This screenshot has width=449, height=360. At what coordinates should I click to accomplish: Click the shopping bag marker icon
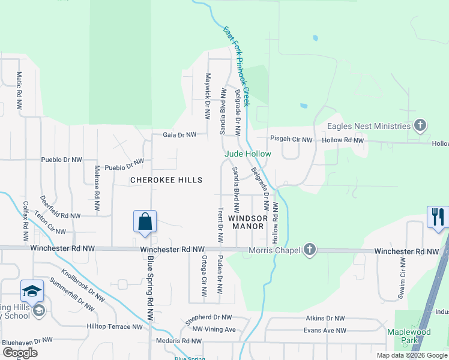click(145, 221)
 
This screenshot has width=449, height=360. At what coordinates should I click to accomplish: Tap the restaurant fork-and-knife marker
click(438, 216)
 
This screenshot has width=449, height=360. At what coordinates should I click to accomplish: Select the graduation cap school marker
click(32, 291)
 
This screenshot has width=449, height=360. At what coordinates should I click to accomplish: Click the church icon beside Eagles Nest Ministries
click(420, 125)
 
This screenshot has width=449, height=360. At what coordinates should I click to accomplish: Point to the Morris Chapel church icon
click(309, 249)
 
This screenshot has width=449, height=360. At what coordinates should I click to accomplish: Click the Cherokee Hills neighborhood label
click(167, 180)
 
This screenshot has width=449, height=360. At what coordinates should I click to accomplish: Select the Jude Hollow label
click(248, 154)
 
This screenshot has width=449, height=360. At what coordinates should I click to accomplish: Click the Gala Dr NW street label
click(179, 135)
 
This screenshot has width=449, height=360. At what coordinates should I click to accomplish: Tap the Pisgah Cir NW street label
click(291, 140)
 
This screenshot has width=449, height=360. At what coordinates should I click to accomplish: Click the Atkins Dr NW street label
click(325, 319)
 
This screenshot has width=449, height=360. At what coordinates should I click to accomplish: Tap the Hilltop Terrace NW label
click(115, 327)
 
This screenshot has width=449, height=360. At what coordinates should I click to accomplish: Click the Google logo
click(20, 353)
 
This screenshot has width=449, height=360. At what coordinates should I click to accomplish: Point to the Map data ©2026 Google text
click(411, 355)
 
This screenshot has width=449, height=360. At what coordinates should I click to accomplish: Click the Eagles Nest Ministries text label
click(369, 126)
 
